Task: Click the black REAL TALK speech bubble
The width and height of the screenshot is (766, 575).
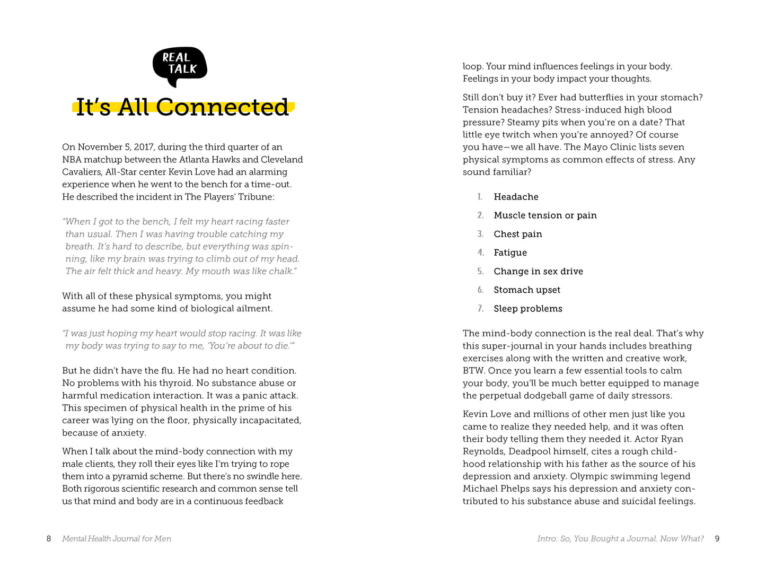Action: pyautogui.click(x=180, y=65)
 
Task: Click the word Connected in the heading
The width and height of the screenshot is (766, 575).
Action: pyautogui.click(x=222, y=107)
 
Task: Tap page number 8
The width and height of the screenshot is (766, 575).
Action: pyautogui.click(x=49, y=538)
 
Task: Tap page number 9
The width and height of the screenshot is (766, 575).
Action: pyautogui.click(x=717, y=538)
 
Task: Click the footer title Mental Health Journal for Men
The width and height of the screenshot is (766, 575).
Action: pyautogui.click(x=117, y=538)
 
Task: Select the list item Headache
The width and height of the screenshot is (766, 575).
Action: pyautogui.click(x=516, y=197)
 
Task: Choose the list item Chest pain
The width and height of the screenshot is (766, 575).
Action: pyautogui.click(x=518, y=234)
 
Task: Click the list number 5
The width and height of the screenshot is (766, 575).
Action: pyautogui.click(x=480, y=271)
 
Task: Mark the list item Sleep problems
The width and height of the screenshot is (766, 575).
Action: pyautogui.click(x=528, y=309)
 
